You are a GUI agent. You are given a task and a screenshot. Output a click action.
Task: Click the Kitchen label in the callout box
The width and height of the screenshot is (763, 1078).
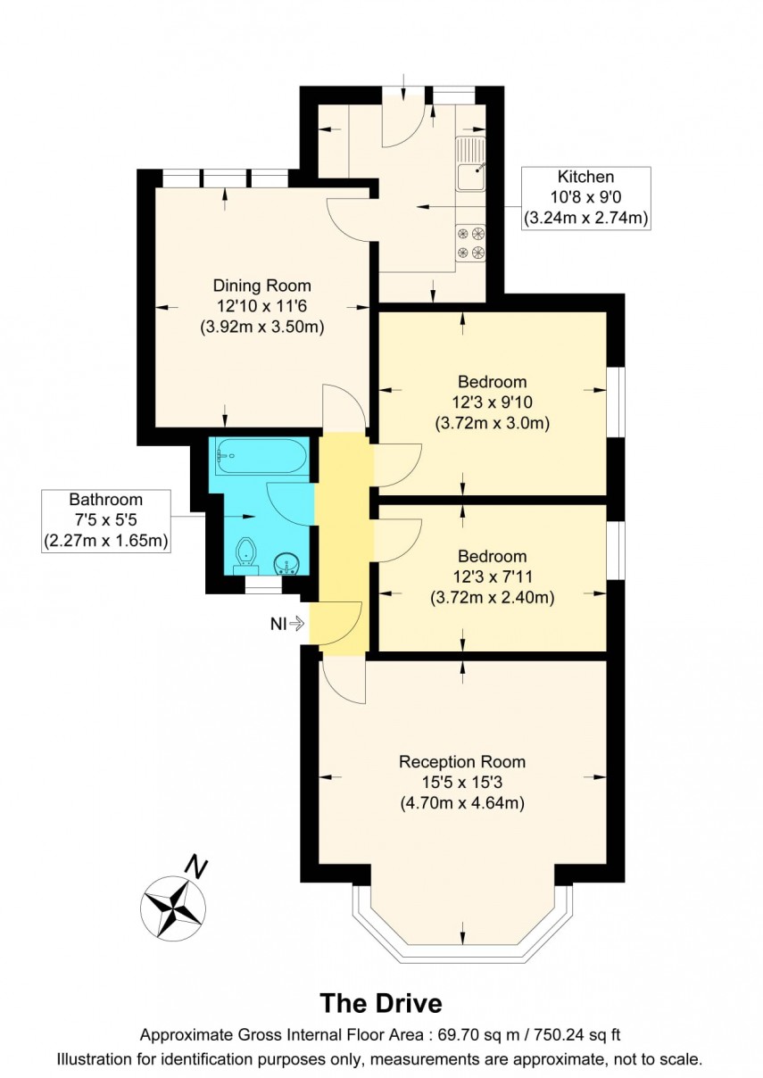[x=585, y=177]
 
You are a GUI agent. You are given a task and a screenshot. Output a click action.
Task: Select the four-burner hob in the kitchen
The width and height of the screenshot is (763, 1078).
[x=471, y=242]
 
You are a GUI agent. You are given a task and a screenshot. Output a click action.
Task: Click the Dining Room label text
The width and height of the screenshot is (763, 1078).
[x=261, y=286]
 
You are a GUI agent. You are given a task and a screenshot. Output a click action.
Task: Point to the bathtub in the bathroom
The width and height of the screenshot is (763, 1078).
[x=260, y=456]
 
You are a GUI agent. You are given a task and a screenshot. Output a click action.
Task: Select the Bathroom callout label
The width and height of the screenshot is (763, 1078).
[x=106, y=500]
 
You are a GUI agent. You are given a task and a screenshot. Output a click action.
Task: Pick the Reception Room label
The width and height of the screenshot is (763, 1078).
[x=461, y=762]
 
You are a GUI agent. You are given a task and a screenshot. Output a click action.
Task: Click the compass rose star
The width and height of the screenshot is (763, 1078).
[x=173, y=908]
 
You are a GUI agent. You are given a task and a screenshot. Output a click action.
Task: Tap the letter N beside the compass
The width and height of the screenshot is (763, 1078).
[x=195, y=864]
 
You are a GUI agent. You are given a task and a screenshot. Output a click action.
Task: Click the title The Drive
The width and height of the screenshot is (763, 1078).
[x=381, y=1003]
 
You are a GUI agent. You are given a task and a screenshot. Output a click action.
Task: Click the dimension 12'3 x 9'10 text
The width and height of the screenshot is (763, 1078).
[x=491, y=402]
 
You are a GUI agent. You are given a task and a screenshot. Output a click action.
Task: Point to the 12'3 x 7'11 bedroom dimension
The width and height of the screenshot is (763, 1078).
[x=491, y=577]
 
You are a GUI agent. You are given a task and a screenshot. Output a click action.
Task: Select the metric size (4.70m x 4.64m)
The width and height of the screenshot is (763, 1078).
[x=461, y=803]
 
